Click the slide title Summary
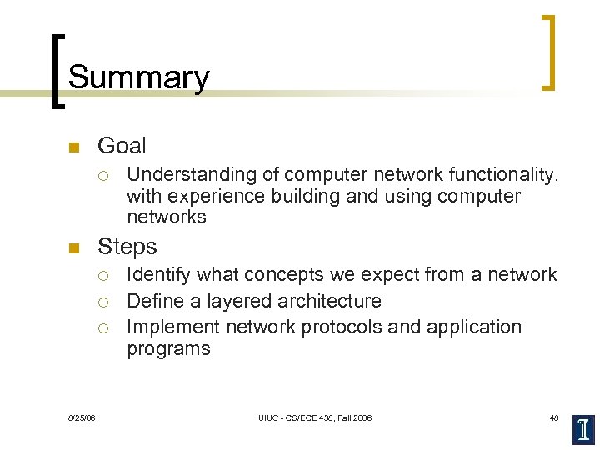(x=138, y=77)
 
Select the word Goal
(x=122, y=146)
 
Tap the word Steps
(x=127, y=247)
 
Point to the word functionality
(x=502, y=175)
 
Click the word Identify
(x=156, y=275)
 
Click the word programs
(x=168, y=348)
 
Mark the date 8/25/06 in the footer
(x=82, y=417)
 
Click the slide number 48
(x=553, y=417)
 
